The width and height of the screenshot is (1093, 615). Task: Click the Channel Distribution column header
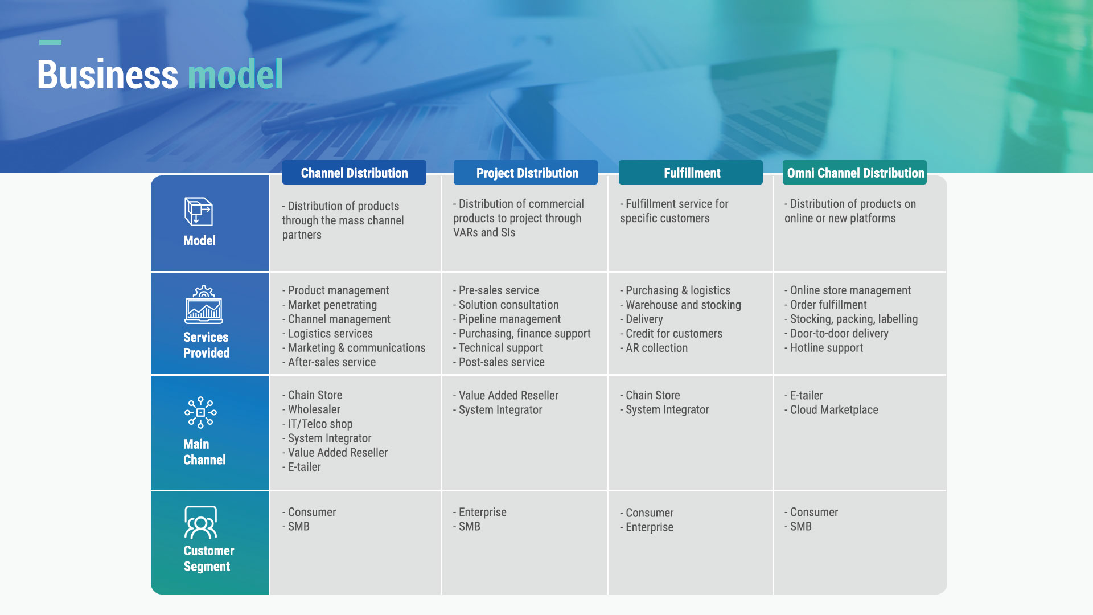point(354,173)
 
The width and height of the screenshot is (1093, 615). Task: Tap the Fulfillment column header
point(691,173)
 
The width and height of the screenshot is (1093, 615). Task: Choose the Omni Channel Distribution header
point(854,173)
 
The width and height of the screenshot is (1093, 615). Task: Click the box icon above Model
point(199,211)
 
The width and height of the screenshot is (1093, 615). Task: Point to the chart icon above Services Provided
point(204,305)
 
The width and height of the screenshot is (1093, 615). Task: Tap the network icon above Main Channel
point(200,413)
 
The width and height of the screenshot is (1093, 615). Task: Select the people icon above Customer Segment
point(200,522)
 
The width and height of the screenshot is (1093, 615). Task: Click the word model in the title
point(235,75)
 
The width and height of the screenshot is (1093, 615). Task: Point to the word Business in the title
point(108,75)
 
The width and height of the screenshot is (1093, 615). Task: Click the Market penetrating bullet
point(330,305)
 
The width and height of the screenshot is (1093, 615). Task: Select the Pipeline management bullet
point(507,319)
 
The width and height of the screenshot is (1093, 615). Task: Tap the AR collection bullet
point(654,347)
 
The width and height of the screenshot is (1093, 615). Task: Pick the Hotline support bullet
point(824,347)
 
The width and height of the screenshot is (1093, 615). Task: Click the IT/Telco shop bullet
point(318,424)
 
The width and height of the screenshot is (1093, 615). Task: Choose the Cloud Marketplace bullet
point(831,409)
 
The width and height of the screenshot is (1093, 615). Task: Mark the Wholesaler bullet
point(311,409)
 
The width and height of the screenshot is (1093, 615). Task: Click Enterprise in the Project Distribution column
point(480,512)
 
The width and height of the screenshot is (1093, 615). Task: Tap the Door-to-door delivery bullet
point(836,333)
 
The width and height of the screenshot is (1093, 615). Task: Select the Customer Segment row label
point(209,559)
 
